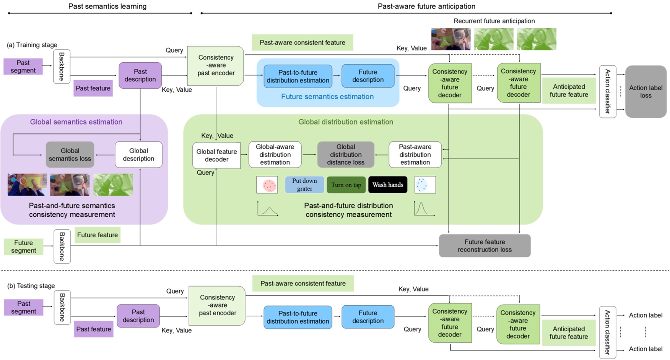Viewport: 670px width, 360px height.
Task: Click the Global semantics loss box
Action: (x=70, y=155)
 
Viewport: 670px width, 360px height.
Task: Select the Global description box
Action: (x=138, y=155)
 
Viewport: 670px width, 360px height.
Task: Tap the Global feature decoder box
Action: (x=216, y=156)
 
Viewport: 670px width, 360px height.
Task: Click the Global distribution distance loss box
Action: (x=346, y=155)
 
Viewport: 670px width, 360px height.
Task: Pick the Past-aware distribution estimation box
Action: (x=415, y=155)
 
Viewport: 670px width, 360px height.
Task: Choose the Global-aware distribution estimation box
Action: (x=275, y=155)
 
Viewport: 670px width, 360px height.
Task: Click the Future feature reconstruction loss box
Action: (x=485, y=246)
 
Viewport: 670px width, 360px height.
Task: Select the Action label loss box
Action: (x=646, y=92)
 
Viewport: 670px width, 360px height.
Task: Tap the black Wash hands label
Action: (x=388, y=185)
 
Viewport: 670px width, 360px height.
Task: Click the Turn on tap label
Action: (x=346, y=185)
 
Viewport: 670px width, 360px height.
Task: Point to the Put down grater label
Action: (x=304, y=185)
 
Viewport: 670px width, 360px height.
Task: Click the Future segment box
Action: (x=24, y=247)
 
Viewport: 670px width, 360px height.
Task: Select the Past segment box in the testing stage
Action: (x=24, y=308)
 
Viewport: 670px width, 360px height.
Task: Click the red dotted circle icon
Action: (x=267, y=185)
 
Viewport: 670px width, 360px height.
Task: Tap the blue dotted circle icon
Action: (x=425, y=185)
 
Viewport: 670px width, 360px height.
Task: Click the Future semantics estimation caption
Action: (x=327, y=97)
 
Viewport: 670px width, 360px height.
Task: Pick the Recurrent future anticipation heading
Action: (x=494, y=21)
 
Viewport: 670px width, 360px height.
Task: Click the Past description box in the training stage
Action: (x=140, y=76)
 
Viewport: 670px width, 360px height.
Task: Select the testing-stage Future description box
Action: (x=368, y=317)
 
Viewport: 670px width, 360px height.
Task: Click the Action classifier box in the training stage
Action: (x=607, y=92)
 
